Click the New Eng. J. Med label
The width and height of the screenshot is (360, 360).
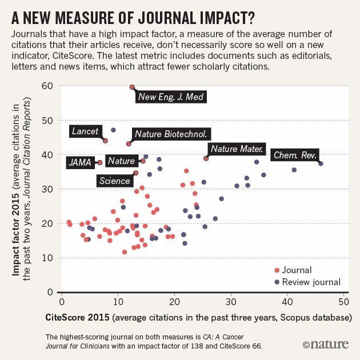tap(170, 97)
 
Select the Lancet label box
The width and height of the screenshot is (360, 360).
tap(85, 131)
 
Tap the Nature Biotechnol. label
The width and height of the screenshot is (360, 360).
tap(171, 134)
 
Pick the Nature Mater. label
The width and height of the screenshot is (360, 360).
tap(237, 149)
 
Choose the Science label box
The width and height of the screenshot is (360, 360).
tap(115, 181)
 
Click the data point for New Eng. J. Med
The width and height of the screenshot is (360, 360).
tap(132, 87)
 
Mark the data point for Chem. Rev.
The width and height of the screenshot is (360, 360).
tap(321, 163)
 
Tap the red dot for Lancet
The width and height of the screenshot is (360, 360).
tap(105, 141)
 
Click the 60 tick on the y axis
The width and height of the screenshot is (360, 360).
tap(47, 86)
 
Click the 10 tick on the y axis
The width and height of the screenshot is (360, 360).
tap(48, 258)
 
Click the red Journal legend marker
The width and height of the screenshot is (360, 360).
tap(277, 271)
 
